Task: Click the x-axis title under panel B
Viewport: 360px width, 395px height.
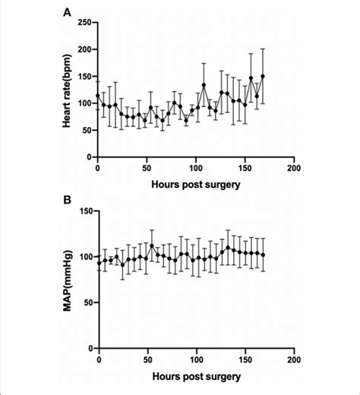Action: (196, 376)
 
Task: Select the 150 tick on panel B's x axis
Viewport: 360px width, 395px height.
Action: (245, 359)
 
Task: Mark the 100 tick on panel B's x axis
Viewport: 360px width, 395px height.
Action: (197, 359)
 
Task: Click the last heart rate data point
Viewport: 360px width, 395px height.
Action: (263, 76)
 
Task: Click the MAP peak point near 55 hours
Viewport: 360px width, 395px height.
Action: (152, 246)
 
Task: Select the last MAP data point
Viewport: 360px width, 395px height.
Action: (263, 255)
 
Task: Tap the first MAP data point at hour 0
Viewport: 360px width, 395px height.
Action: (99, 263)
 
